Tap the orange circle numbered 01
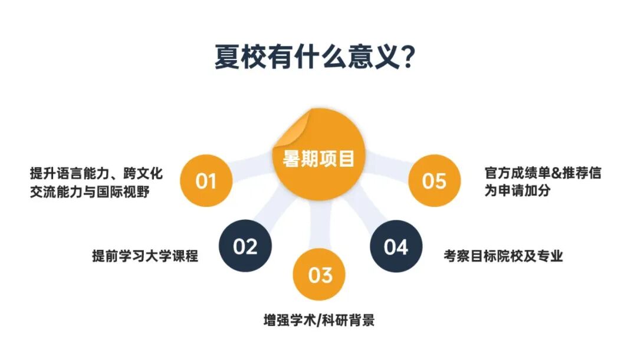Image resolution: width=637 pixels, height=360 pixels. (x=206, y=181)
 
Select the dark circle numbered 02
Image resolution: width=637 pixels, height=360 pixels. (x=245, y=246)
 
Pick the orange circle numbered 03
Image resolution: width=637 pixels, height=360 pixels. (x=320, y=275)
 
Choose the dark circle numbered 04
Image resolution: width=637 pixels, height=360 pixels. (x=396, y=246)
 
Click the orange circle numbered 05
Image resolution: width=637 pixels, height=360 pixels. (x=434, y=180)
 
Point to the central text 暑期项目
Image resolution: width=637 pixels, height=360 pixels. (x=318, y=158)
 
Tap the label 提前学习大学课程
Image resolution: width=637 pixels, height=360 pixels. (x=145, y=256)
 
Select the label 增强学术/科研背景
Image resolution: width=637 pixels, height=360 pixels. (x=319, y=322)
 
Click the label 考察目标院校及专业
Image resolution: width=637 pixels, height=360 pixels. (x=503, y=256)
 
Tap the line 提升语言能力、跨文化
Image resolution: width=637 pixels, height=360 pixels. (x=96, y=173)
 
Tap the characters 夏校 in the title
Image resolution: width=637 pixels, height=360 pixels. (x=238, y=57)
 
